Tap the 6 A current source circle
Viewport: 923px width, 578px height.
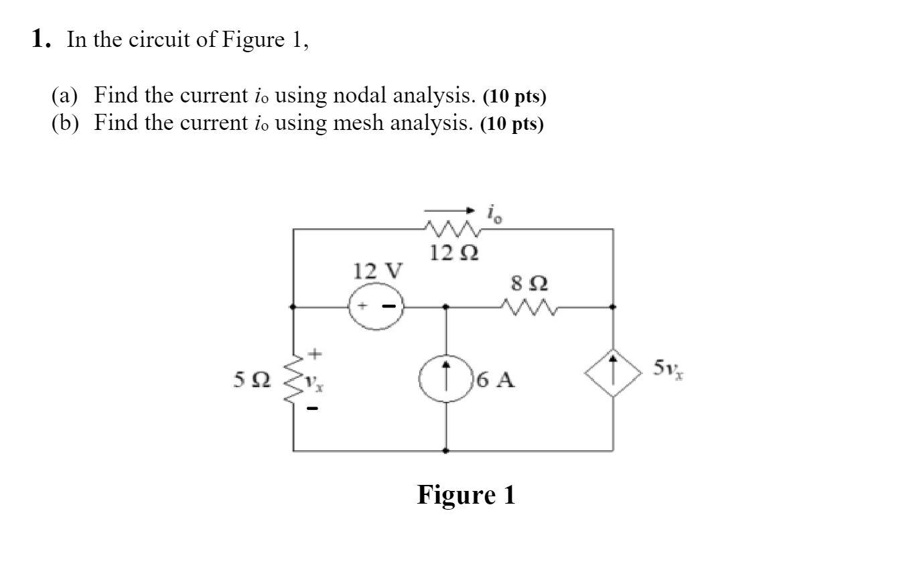tap(446, 378)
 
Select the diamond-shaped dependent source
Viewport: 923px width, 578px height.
tap(613, 372)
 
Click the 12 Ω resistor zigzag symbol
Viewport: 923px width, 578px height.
tap(452, 231)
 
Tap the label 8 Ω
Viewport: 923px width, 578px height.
tap(529, 284)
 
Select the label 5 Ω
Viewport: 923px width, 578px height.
tap(252, 380)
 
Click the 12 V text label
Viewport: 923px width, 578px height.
tap(378, 271)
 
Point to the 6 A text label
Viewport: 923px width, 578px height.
tap(496, 380)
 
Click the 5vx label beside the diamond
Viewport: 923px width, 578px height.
tap(669, 369)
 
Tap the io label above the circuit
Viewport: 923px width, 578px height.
tap(494, 214)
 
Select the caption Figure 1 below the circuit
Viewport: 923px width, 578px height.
tap(466, 494)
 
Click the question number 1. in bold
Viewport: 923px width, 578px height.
tap(42, 40)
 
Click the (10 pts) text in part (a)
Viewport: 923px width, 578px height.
tap(514, 97)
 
